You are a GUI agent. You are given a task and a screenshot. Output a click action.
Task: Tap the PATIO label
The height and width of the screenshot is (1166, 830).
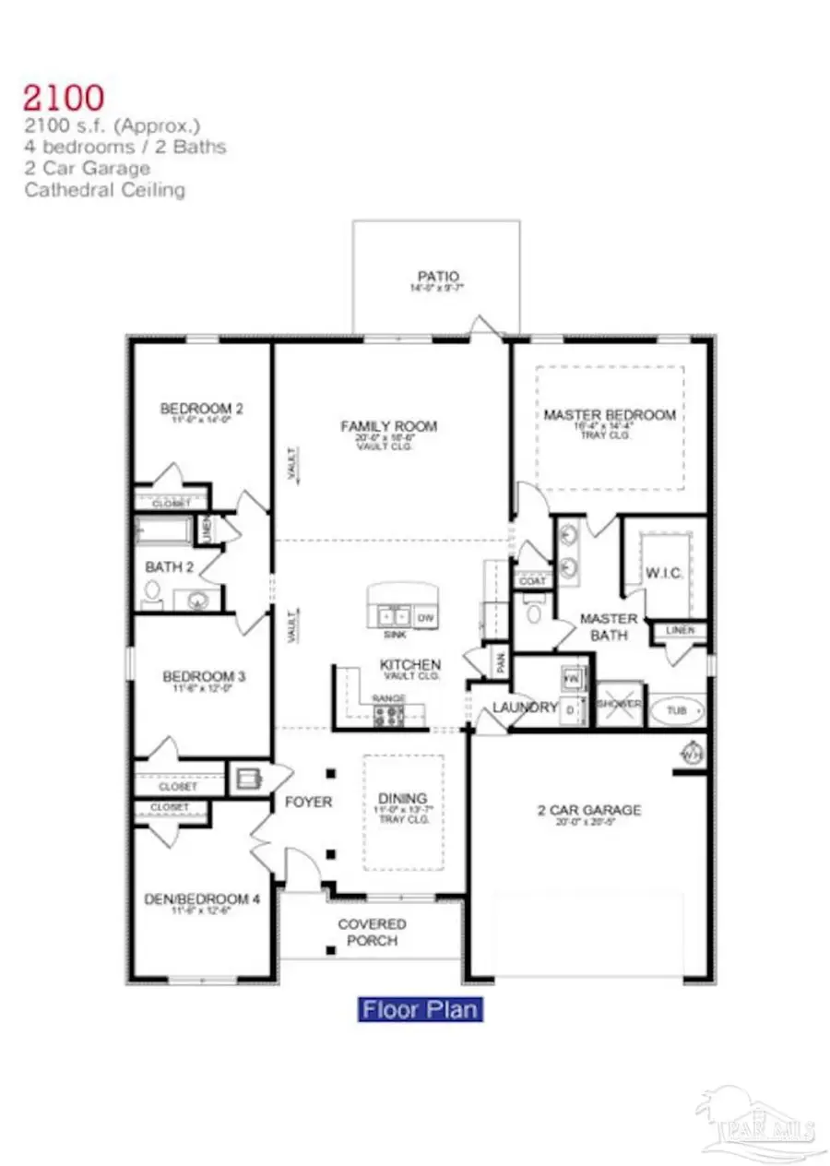pos(438,276)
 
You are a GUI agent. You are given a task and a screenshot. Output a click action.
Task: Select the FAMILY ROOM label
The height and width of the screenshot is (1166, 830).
pos(389,426)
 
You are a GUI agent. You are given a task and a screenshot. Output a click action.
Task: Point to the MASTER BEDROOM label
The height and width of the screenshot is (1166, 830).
pos(609,415)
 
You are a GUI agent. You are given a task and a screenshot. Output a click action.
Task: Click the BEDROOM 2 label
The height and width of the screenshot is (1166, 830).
pos(201,409)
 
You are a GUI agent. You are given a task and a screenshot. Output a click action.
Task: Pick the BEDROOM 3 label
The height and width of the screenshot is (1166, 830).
pos(201,674)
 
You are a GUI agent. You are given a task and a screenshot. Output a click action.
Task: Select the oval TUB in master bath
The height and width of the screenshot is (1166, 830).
pos(676,711)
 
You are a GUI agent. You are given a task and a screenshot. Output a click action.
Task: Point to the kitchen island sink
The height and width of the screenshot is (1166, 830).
pos(393,615)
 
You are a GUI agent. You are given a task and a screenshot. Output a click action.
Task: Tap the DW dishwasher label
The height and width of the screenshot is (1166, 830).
pos(425,617)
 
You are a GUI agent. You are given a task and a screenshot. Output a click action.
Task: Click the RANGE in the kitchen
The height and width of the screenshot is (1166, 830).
pos(388,713)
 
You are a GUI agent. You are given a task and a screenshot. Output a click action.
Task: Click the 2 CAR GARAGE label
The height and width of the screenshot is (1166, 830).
pos(589,810)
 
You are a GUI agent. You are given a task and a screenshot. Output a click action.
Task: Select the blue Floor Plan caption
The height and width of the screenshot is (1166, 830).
pos(421,1008)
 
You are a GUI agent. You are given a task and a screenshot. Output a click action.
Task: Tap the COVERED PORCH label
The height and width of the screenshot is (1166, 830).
pos(372,932)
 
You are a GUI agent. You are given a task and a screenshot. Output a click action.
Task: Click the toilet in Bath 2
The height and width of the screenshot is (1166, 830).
pos(153,595)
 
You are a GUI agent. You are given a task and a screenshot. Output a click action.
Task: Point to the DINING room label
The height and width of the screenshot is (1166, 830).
pos(402,798)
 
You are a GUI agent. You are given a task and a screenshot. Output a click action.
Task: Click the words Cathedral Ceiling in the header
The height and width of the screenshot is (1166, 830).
pos(105,190)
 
